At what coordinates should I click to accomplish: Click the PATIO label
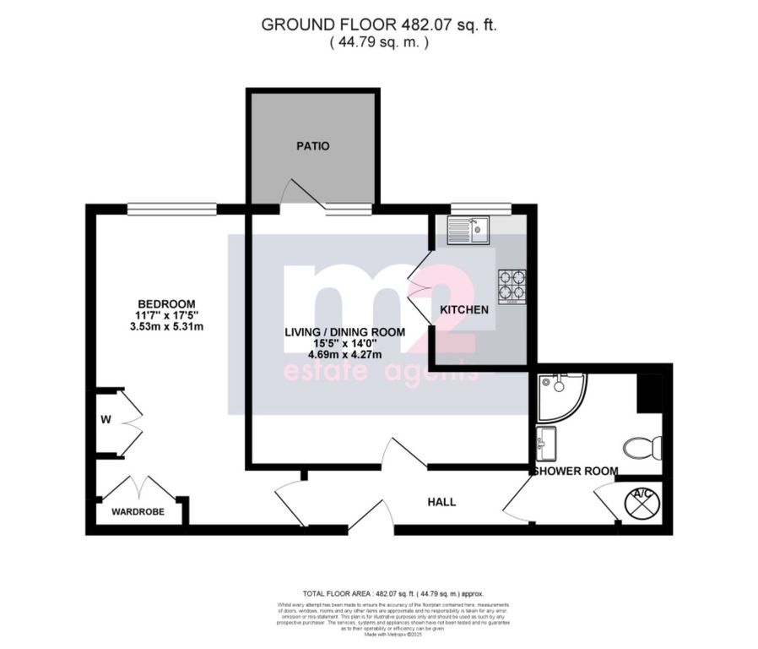tap(312, 146)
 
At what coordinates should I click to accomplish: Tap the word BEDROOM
tap(166, 304)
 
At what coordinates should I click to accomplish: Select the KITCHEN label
tap(463, 310)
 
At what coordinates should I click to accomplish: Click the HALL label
tap(441, 502)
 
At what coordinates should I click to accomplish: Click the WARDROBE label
tap(138, 512)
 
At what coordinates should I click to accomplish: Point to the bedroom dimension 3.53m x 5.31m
tap(166, 327)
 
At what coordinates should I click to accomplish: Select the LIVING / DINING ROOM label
tap(344, 332)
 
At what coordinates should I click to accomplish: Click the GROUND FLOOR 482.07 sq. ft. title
tap(378, 25)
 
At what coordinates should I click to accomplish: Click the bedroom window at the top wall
tap(172, 207)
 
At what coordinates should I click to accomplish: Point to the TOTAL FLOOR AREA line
tap(378, 595)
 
